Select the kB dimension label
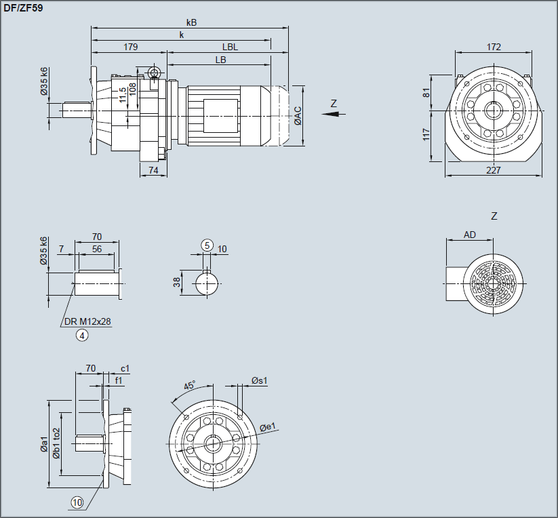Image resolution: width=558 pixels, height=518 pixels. pyautogui.click(x=191, y=22)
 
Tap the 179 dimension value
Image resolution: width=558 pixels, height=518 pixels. pyautogui.click(x=131, y=47)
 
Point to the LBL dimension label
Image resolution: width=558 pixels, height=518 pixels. pyautogui.click(x=230, y=47)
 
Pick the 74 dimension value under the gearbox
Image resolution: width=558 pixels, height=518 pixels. pyautogui.click(x=154, y=171)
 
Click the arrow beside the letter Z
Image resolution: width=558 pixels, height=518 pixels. pyautogui.click(x=330, y=114)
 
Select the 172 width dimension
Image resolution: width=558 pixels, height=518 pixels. pyautogui.click(x=494, y=47)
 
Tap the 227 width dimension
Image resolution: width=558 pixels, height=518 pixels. pyautogui.click(x=494, y=170)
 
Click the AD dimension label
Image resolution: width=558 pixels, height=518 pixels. pyautogui.click(x=469, y=235)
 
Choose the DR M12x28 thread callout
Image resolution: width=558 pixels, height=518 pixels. pyautogui.click(x=86, y=321)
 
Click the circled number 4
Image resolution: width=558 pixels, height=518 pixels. pyautogui.click(x=82, y=335)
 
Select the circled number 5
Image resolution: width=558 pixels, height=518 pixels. pyautogui.click(x=207, y=245)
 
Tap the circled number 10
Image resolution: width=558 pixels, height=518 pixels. pyautogui.click(x=77, y=502)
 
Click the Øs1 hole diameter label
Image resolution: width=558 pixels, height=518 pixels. pyautogui.click(x=259, y=380)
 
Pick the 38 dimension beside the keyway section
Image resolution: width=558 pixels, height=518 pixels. pyautogui.click(x=177, y=281)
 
